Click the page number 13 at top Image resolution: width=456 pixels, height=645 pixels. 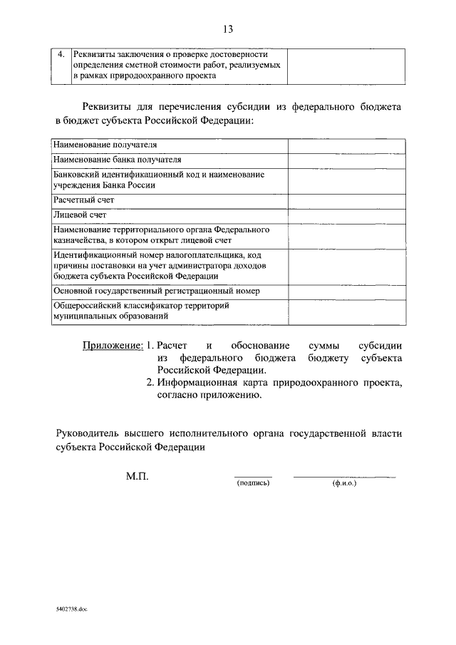[x=228, y=29]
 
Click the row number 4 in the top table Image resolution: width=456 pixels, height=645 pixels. [x=61, y=54]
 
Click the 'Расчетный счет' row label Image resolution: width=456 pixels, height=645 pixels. [x=83, y=200]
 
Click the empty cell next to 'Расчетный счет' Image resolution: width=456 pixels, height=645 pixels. [x=347, y=200]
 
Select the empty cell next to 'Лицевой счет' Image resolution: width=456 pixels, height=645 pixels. [x=347, y=215]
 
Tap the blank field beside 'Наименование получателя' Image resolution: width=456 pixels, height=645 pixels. [x=347, y=145]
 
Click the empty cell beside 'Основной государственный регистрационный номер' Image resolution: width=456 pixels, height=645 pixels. [x=347, y=291]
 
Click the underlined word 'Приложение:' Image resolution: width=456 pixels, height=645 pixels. [x=113, y=346]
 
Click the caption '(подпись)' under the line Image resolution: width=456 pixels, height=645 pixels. [x=253, y=483]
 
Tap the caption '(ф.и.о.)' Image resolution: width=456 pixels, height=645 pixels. [x=344, y=483]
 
